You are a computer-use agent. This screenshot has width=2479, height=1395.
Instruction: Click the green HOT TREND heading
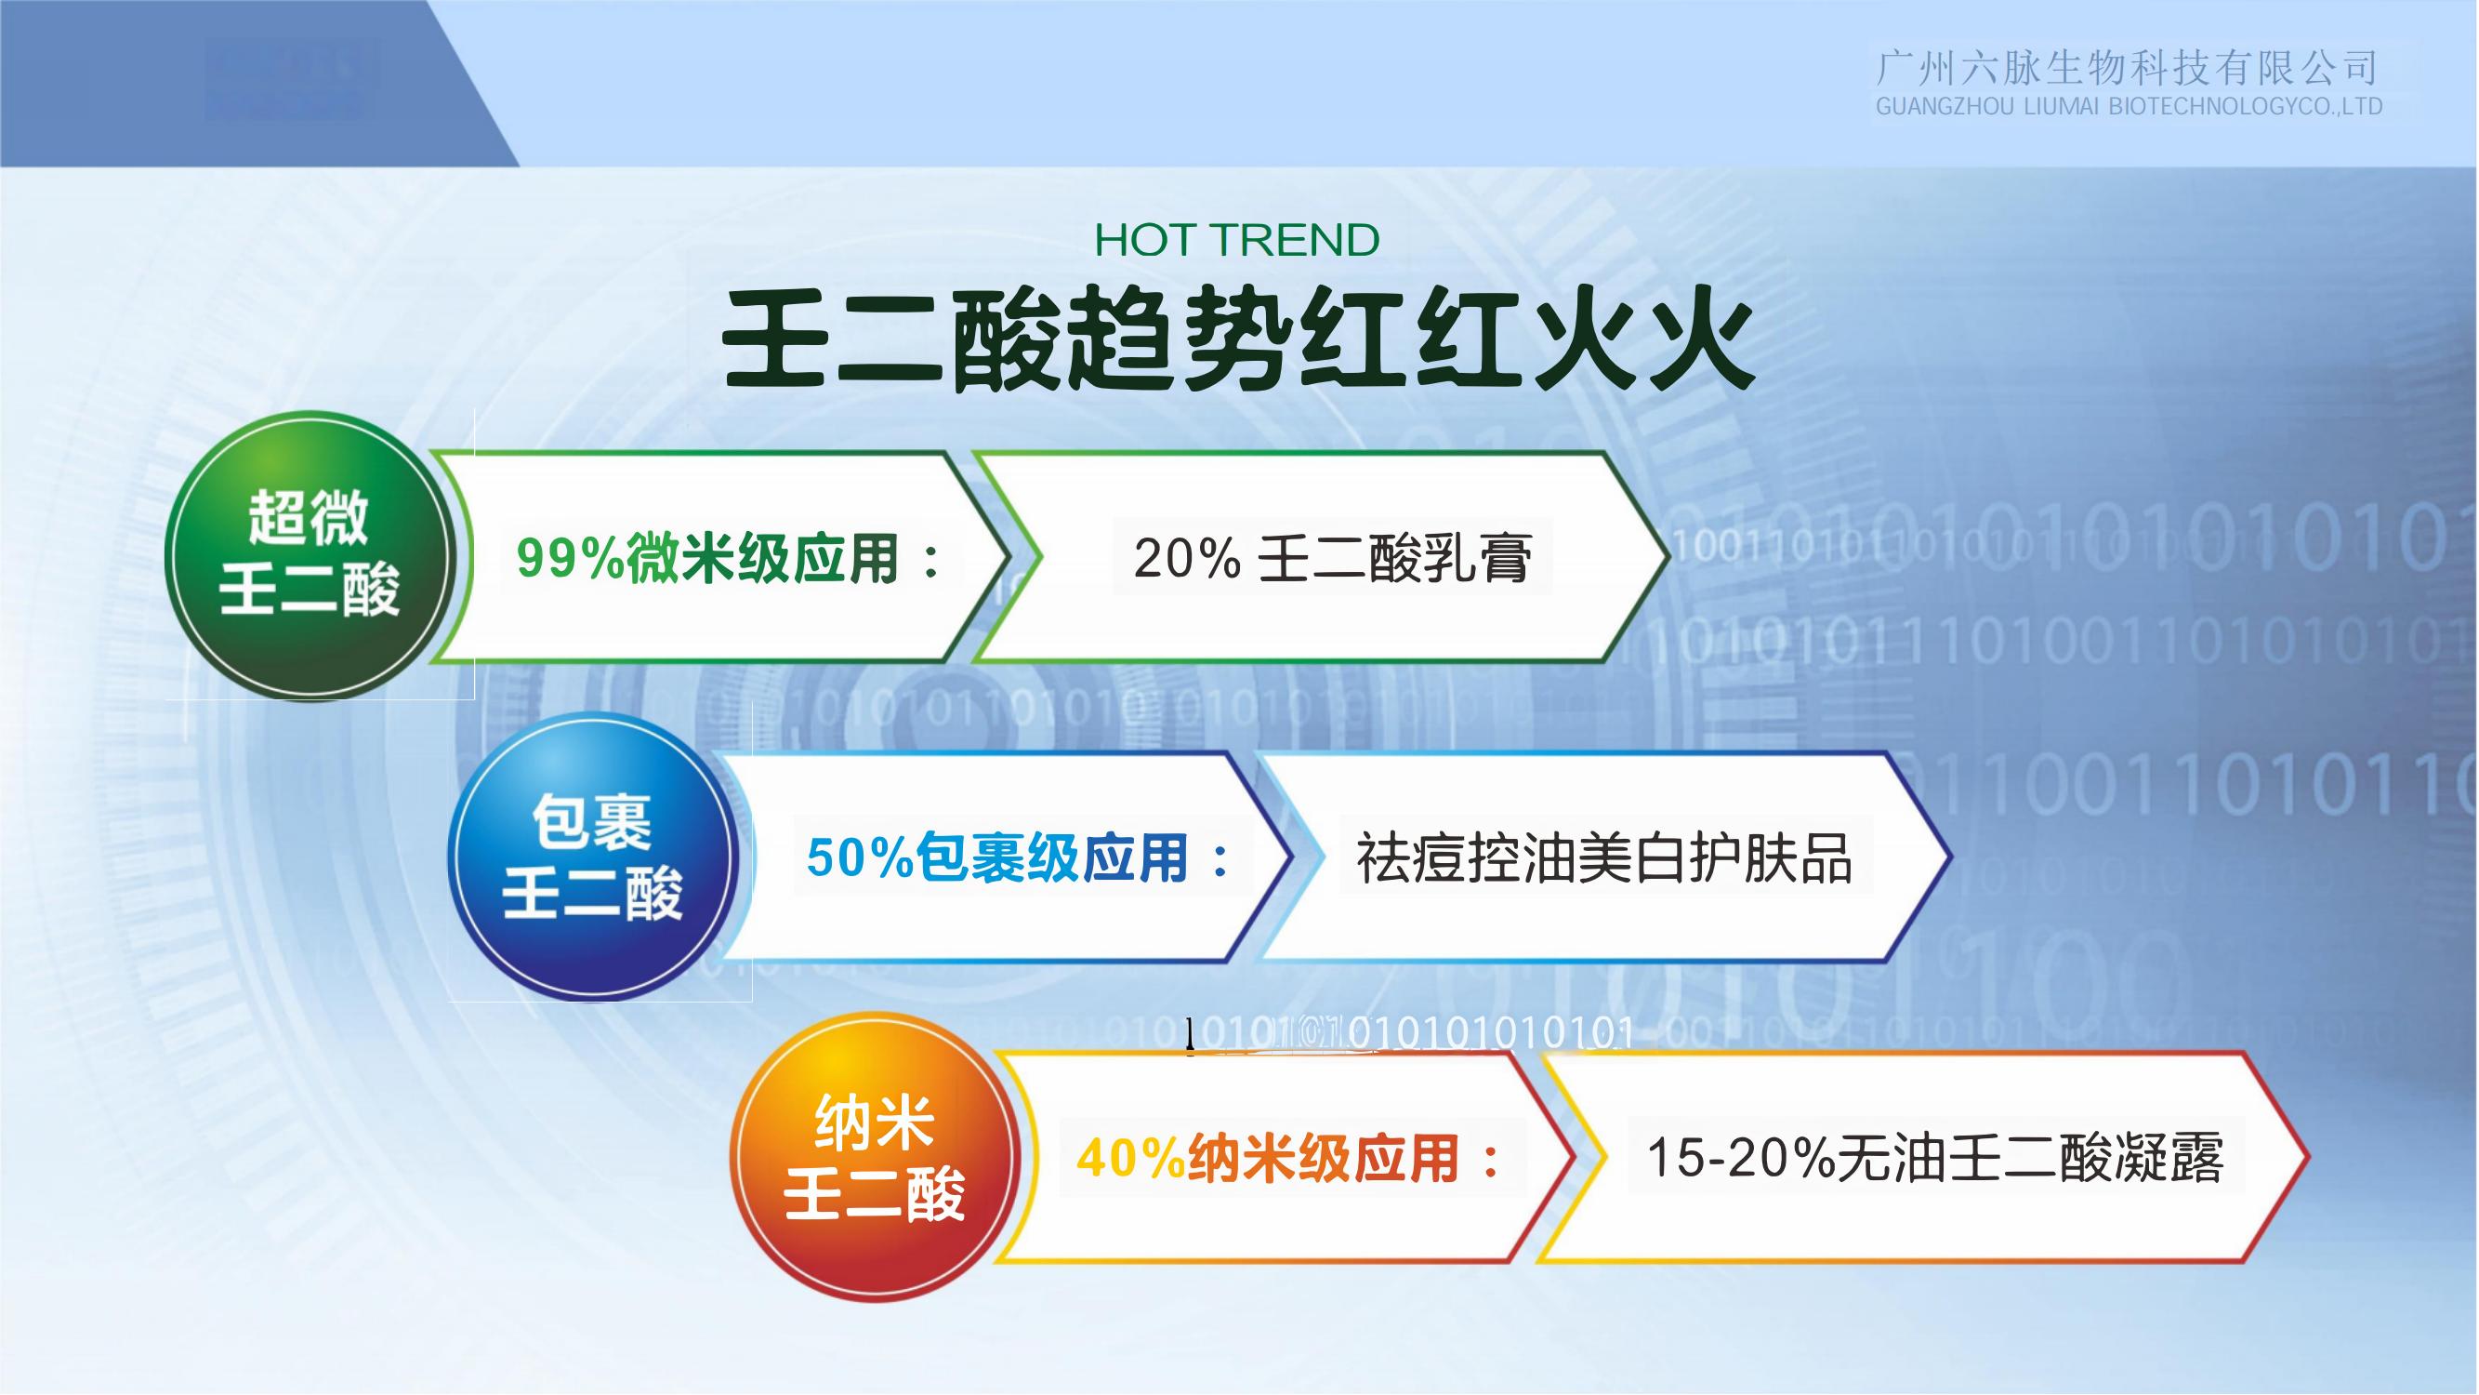[x=1236, y=240]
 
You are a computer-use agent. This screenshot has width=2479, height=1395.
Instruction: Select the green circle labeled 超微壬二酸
[x=309, y=555]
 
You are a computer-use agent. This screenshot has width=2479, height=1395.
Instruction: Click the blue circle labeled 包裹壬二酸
[x=593, y=856]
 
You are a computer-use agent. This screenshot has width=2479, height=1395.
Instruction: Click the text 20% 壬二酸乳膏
[x=1332, y=558]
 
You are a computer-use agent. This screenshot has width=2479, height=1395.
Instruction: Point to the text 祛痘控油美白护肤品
[x=1604, y=857]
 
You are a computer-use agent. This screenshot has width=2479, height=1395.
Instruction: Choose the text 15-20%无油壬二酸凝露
[x=1935, y=1158]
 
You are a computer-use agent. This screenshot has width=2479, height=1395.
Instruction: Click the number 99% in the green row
[x=571, y=558]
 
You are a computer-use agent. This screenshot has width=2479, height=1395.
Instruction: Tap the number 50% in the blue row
[x=861, y=857]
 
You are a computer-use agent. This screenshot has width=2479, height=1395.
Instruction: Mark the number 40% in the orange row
[x=1131, y=1158]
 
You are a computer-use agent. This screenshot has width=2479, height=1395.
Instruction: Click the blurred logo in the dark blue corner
[x=291, y=81]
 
